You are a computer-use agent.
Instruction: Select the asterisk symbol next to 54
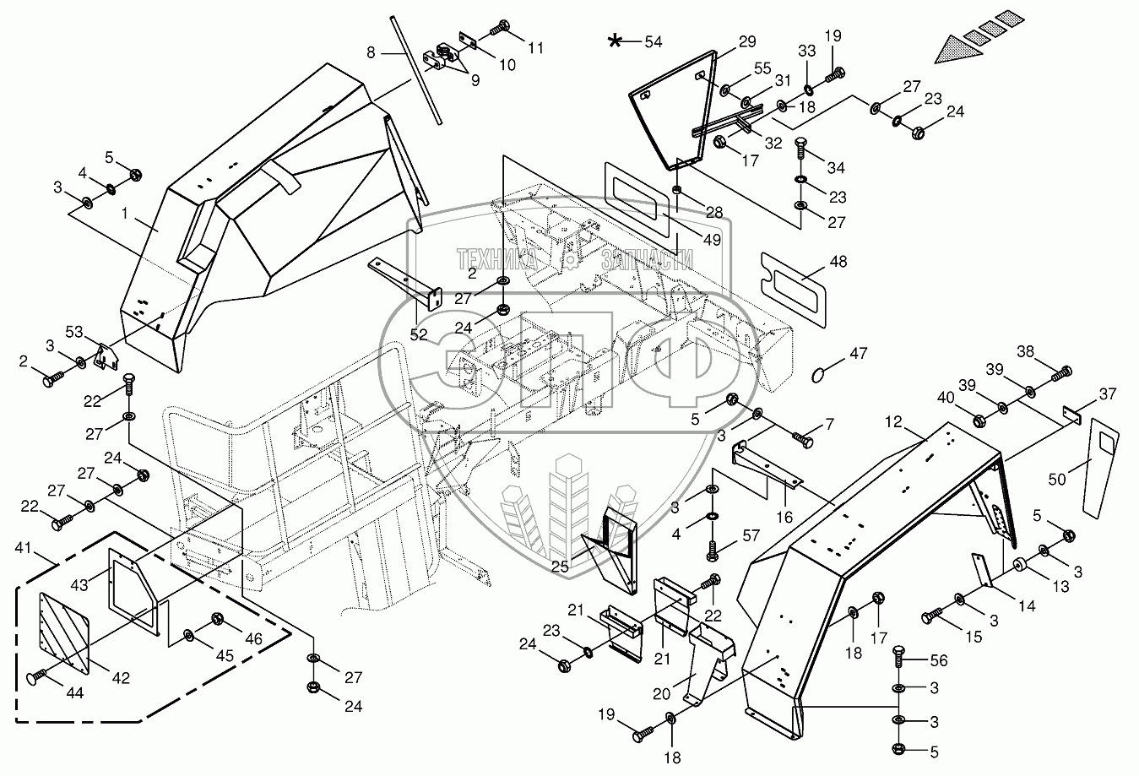pyautogui.click(x=620, y=40)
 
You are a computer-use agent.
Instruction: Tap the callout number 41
pyautogui.click(x=25, y=549)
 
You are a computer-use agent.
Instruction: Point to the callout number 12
pyautogui.click(x=895, y=420)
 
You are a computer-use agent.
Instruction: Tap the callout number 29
pyautogui.click(x=747, y=41)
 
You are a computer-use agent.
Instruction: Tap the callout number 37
pyautogui.click(x=1106, y=393)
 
